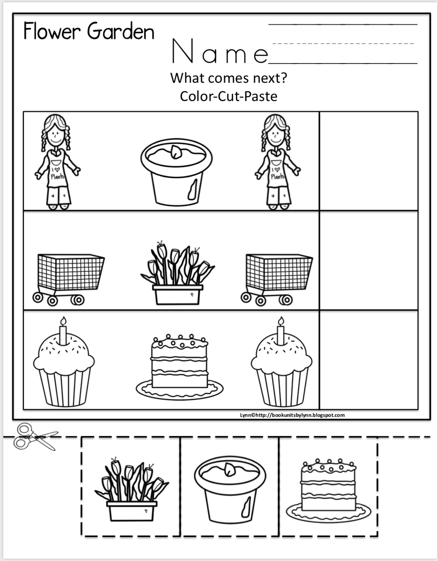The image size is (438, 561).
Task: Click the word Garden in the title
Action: point(121,32)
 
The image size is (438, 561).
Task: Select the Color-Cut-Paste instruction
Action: point(228,96)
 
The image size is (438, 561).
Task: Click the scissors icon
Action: point(34,436)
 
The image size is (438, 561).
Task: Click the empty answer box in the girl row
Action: point(368,161)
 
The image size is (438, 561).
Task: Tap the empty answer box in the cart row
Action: point(368,260)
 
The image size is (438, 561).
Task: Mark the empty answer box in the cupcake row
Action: point(368,359)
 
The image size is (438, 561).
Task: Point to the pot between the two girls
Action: point(176,172)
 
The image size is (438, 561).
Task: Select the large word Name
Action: point(220,52)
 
